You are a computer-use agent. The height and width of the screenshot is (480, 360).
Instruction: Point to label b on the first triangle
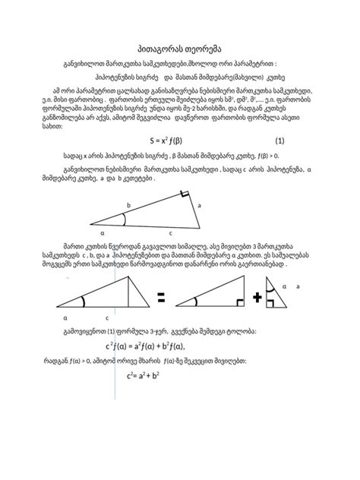pyautogui.click(x=128, y=206)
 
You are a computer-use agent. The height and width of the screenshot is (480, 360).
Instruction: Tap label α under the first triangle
pyautogui.click(x=102, y=232)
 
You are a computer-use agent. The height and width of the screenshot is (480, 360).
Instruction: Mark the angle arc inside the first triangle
pyautogui.click(x=124, y=219)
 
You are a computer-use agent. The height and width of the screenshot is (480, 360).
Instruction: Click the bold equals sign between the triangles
pyautogui.click(x=161, y=300)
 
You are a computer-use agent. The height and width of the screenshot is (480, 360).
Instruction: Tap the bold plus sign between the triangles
pyautogui.click(x=259, y=298)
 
